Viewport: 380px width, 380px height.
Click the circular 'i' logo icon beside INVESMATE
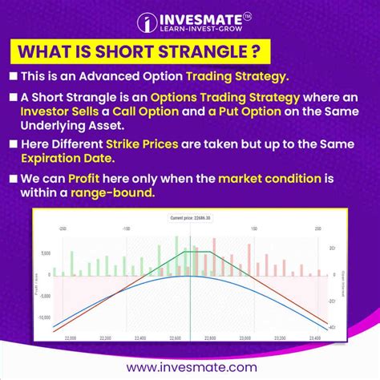[147, 24]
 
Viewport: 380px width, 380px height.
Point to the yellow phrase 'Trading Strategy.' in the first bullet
[240, 79]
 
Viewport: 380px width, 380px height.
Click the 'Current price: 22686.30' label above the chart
[190, 217]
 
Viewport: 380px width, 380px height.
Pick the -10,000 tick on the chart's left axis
[42, 317]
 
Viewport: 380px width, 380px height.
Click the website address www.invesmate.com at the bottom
[190, 366]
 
